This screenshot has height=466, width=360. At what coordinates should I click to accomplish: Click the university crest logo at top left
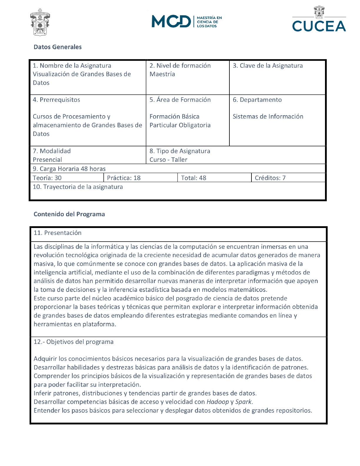point(40,22)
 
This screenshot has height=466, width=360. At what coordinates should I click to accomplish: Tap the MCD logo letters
point(171,21)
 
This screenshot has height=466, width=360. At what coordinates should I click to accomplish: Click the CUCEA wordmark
point(319,26)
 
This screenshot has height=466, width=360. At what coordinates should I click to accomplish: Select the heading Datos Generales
point(58,47)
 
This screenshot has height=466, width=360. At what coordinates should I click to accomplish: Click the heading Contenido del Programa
point(69,214)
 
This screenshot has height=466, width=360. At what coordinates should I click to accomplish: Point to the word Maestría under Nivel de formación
point(162,74)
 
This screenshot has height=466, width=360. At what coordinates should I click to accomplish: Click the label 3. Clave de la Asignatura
point(268,66)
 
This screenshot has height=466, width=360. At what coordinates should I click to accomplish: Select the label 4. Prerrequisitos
point(56,100)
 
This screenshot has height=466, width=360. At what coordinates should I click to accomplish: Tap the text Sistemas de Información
point(268,116)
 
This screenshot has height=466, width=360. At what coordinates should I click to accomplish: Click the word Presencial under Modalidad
point(47,160)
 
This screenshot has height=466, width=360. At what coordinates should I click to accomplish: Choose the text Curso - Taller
point(168,160)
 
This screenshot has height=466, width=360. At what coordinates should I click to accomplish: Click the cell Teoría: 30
point(47,178)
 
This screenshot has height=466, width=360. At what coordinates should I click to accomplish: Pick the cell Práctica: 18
point(124,178)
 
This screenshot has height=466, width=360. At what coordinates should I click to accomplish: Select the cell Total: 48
point(194,178)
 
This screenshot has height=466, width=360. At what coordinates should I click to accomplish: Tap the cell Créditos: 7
point(270,178)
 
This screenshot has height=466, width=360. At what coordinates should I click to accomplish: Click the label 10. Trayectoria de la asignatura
point(78,187)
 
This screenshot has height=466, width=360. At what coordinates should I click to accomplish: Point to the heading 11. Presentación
point(57,233)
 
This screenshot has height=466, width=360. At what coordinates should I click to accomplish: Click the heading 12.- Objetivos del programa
point(74,342)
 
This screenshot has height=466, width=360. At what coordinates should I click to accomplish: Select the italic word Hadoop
point(218,402)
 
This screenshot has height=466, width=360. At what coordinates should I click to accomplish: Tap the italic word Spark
point(244,402)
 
